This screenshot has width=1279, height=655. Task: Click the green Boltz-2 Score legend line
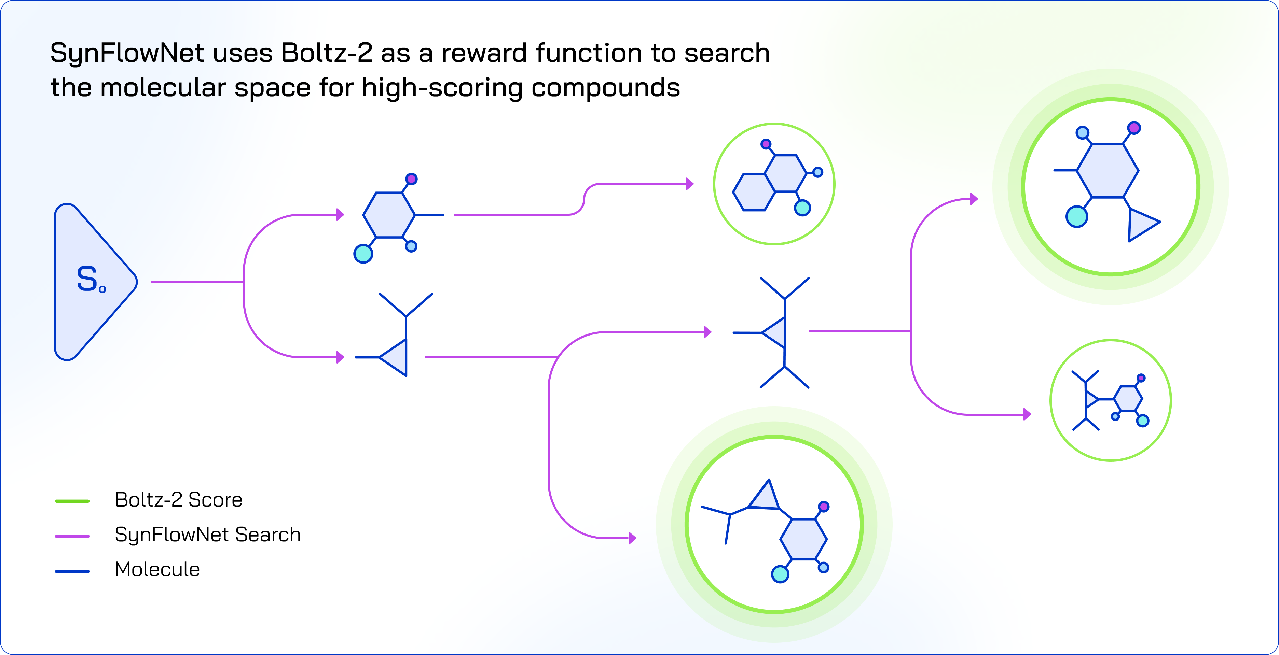pyautogui.click(x=72, y=501)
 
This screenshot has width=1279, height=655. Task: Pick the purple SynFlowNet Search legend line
pyautogui.click(x=72, y=536)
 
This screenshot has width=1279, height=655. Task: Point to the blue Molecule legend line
pyautogui.click(x=72, y=571)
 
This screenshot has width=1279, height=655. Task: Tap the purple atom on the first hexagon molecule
pyautogui.click(x=411, y=179)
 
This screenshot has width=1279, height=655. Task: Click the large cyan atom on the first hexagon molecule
pyautogui.click(x=363, y=254)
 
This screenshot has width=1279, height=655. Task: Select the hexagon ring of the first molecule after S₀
pyautogui.click(x=389, y=215)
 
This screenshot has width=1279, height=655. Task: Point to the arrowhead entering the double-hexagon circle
pyautogui.click(x=690, y=184)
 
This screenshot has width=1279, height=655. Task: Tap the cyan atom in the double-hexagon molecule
pyautogui.click(x=802, y=208)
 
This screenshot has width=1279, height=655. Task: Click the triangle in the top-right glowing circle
pyautogui.click(x=1141, y=224)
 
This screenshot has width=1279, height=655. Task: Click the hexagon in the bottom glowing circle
pyautogui.click(x=803, y=539)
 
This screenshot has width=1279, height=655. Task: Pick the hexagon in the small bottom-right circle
pyautogui.click(x=1128, y=398)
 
